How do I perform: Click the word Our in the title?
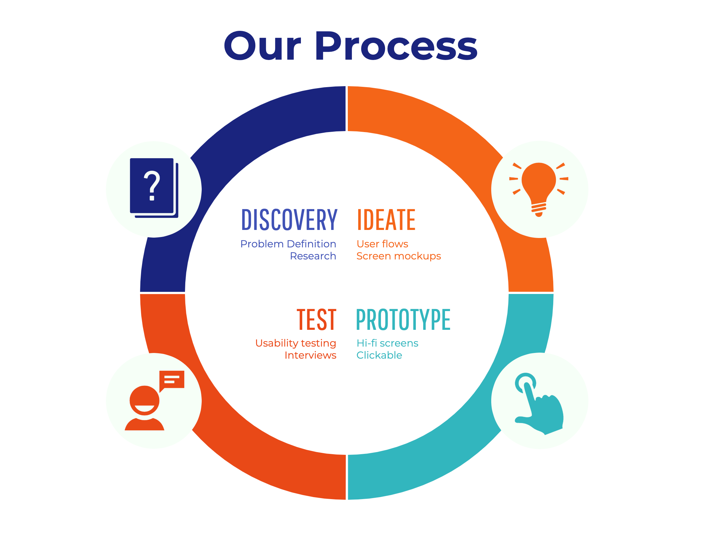click(262, 46)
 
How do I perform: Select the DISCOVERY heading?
click(289, 220)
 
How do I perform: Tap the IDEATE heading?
click(386, 220)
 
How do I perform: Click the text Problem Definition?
click(288, 244)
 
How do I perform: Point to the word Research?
click(313, 256)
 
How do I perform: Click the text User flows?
click(382, 244)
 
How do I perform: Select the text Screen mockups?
click(399, 256)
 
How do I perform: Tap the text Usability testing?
click(296, 343)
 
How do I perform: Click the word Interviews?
click(310, 355)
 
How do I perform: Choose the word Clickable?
click(379, 355)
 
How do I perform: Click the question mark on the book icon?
click(152, 186)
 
